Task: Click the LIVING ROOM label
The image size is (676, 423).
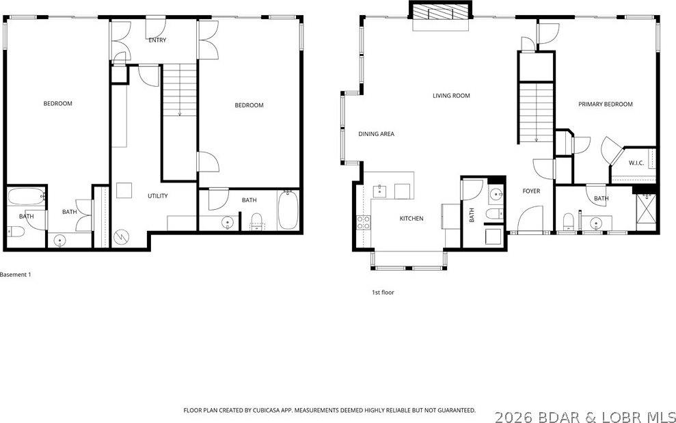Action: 451,96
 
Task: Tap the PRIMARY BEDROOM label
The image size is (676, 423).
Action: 605,105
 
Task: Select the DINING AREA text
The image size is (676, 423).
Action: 376,134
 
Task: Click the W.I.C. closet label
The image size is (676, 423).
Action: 635,163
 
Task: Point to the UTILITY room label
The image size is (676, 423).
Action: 158,196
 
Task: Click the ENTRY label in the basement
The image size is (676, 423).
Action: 157,40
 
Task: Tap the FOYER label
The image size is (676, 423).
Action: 531,191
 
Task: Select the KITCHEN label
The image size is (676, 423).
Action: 411,219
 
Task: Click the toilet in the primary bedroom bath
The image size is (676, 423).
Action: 567,221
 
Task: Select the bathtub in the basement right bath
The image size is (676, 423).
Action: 287,210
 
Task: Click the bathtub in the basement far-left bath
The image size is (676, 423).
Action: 25,198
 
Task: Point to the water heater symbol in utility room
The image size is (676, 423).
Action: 122,236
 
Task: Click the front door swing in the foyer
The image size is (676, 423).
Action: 530,220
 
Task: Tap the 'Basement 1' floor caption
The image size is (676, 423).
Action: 16,275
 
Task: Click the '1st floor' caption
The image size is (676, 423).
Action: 383,292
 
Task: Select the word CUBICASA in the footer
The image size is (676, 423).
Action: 273,411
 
